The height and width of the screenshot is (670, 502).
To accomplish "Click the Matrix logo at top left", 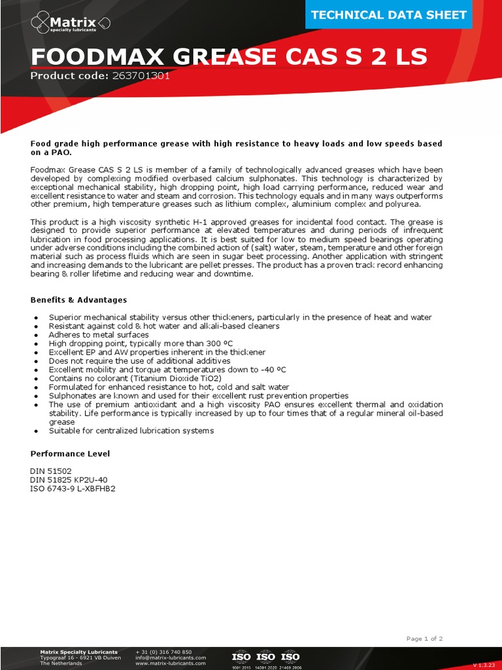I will pyautogui.click(x=70, y=24).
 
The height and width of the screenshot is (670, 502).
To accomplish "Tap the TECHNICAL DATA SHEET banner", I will pyautogui.click(x=389, y=15).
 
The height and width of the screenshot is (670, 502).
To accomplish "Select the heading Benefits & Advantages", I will pyautogui.click(x=78, y=300).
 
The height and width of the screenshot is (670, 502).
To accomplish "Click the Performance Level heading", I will pyautogui.click(x=70, y=453).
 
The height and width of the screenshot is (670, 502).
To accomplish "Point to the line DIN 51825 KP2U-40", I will pyautogui.click(x=69, y=480).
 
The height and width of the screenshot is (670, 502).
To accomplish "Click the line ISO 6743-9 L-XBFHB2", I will pyautogui.click(x=73, y=488).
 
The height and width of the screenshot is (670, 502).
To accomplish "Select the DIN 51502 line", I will pyautogui.click(x=51, y=471).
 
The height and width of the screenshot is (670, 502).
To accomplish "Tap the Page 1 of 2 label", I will pyautogui.click(x=424, y=639).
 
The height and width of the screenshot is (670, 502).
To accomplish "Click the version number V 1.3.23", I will pyautogui.click(x=484, y=665).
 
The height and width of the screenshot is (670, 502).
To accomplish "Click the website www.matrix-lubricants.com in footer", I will pyautogui.click(x=170, y=663).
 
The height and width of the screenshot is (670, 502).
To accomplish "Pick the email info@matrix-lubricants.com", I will pyautogui.click(x=171, y=658).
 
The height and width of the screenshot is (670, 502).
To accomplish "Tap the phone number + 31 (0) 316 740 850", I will pyautogui.click(x=163, y=652).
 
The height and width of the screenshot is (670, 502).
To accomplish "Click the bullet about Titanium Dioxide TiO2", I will pyautogui.click(x=135, y=378).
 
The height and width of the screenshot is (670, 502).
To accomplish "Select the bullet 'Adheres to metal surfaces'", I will pyautogui.click(x=99, y=334).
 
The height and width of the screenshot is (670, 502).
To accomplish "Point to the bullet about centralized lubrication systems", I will pyautogui.click(x=131, y=431).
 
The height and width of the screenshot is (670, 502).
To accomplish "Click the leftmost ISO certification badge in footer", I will pyautogui.click(x=242, y=657).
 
